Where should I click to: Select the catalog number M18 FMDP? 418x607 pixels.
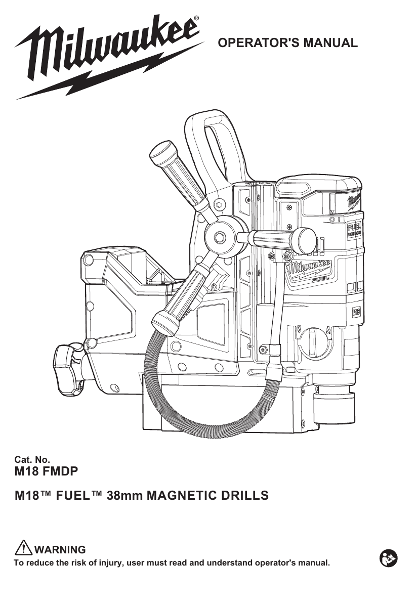coord(47,471)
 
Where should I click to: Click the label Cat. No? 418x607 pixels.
coord(34,460)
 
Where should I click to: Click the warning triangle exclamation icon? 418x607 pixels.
coord(24,548)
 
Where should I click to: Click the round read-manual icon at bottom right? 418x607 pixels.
coord(388,559)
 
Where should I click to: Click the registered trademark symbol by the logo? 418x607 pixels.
coord(196,19)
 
